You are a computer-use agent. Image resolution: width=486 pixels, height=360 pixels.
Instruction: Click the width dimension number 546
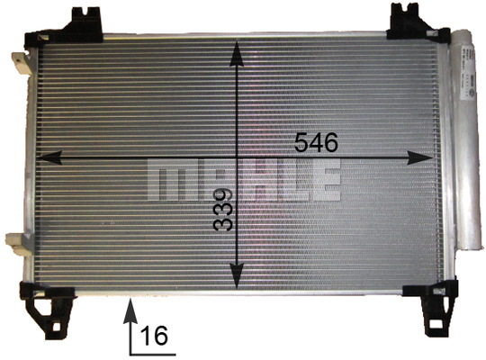316,142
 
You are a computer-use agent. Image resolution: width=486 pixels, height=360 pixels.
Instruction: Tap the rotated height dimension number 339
223,210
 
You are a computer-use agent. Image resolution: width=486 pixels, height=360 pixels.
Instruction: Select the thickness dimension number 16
154,336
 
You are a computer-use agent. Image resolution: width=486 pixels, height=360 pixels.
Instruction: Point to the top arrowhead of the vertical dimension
237,53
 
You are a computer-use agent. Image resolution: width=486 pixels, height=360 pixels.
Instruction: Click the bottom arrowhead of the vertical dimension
237,275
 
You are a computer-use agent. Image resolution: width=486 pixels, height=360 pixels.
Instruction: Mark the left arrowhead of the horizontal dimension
49,157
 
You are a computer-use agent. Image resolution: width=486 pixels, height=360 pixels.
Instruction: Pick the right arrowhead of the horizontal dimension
419,157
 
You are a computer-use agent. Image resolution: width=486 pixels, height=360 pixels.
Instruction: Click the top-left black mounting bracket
65,27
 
